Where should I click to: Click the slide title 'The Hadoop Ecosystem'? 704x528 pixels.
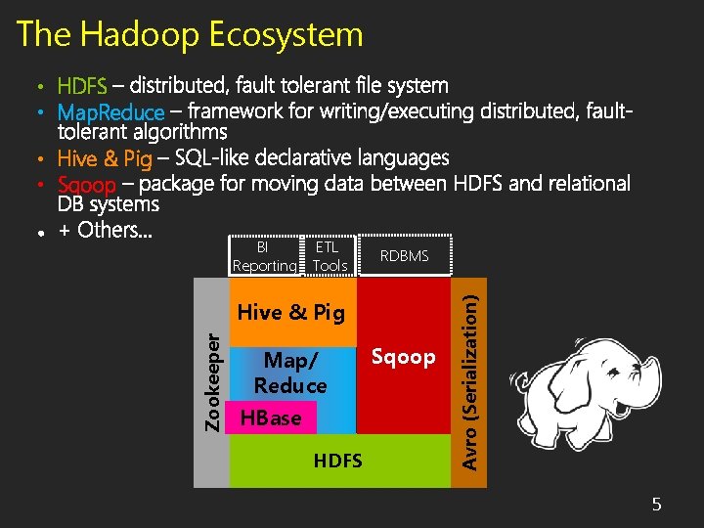click(x=190, y=35)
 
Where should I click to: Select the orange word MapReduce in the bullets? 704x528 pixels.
click(x=111, y=112)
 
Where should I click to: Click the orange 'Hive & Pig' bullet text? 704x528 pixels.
click(x=105, y=158)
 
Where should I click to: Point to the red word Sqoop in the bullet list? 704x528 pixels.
click(x=87, y=184)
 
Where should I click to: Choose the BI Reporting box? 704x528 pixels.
click(x=263, y=256)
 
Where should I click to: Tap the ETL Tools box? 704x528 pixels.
click(x=330, y=256)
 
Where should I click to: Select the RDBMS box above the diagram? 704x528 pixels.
click(x=404, y=256)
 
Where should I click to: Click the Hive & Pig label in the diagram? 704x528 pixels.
click(x=291, y=313)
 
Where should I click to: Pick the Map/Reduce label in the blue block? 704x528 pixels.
click(x=290, y=374)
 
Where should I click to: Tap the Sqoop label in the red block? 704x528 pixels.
click(x=404, y=357)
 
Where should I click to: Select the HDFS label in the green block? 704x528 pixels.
click(x=338, y=461)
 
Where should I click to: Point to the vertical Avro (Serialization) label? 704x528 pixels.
click(x=470, y=373)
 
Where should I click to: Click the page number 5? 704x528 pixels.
click(x=657, y=505)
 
